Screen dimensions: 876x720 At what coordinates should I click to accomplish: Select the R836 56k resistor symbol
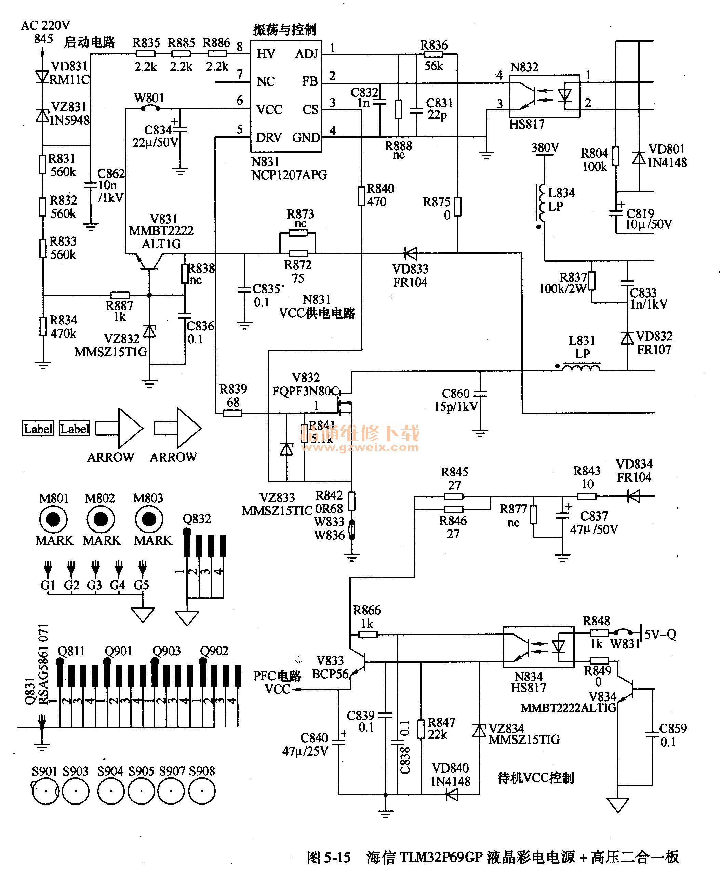(434, 54)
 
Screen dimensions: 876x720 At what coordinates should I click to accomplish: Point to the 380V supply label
(545, 148)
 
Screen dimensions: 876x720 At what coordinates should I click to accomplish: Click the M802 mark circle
(101, 519)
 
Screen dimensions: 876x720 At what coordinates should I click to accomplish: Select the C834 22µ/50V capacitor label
(156, 136)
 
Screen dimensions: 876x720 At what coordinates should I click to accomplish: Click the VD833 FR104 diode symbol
(411, 253)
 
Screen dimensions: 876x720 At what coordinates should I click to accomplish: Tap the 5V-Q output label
(660, 634)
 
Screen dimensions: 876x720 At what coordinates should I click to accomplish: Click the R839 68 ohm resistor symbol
(232, 413)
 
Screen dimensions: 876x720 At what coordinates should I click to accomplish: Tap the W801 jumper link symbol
(150, 109)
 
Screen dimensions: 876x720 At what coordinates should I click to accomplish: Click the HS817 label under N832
(526, 124)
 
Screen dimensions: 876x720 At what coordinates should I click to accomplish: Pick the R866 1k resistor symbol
(368, 634)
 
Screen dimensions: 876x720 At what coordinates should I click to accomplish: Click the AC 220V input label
(45, 25)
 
